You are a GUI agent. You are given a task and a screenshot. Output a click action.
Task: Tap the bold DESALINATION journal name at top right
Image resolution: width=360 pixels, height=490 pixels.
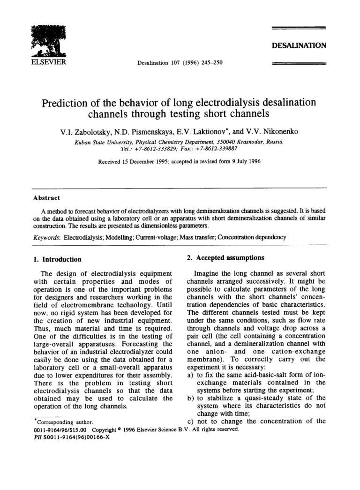click(299, 45)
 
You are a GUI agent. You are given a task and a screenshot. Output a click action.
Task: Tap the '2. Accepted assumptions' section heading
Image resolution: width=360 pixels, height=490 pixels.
click(223, 257)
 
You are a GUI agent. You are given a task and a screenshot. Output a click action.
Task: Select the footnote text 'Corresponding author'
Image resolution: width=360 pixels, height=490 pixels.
click(65, 422)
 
